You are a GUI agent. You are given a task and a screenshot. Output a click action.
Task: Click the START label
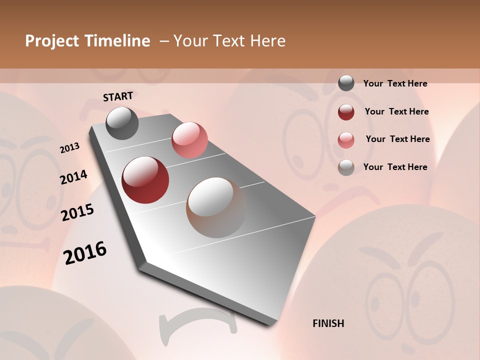tap(118, 96)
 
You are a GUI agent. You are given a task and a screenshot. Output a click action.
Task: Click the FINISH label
tap(328, 323)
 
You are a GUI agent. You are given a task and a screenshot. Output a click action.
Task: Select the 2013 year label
tap(70, 148)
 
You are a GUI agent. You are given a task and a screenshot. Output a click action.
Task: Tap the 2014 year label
tap(73, 177)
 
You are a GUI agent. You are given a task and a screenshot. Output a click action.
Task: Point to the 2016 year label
tap(85, 253)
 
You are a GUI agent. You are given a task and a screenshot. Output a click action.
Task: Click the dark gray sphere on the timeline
tap(122, 123)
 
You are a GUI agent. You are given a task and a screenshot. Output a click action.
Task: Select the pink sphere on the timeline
tap(189, 140)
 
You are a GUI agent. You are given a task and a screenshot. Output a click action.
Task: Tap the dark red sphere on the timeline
tap(145, 180)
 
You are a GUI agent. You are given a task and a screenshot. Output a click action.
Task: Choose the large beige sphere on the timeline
tap(216, 207)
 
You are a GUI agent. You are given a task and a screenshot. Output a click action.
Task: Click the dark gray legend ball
tap(346, 83)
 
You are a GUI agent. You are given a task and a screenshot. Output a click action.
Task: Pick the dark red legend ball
tap(346, 112)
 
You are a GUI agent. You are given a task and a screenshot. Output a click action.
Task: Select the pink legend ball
tap(346, 140)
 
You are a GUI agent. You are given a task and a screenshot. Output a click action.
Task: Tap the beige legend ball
tap(346, 167)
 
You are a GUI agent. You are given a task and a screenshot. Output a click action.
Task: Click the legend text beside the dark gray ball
tap(395, 83)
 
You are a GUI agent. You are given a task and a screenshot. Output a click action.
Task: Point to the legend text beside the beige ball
tap(395, 167)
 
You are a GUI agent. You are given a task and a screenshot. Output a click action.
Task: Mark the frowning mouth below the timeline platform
tap(198, 322)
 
